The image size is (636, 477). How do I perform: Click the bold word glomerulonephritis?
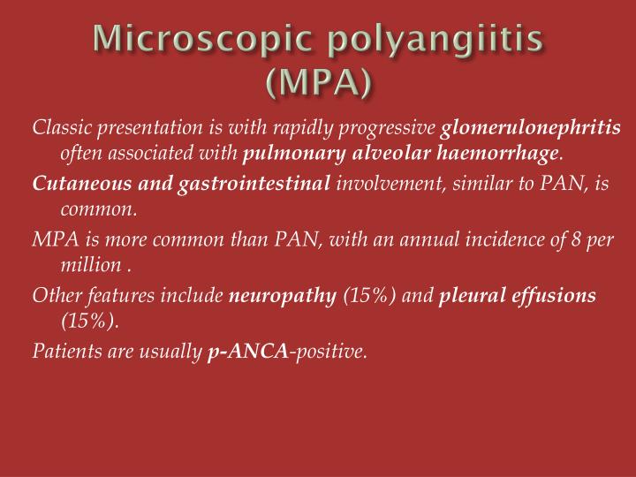coord(532,129)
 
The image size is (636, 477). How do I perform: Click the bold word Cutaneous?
coord(75,183)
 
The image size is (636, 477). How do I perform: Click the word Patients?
coord(63,351)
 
